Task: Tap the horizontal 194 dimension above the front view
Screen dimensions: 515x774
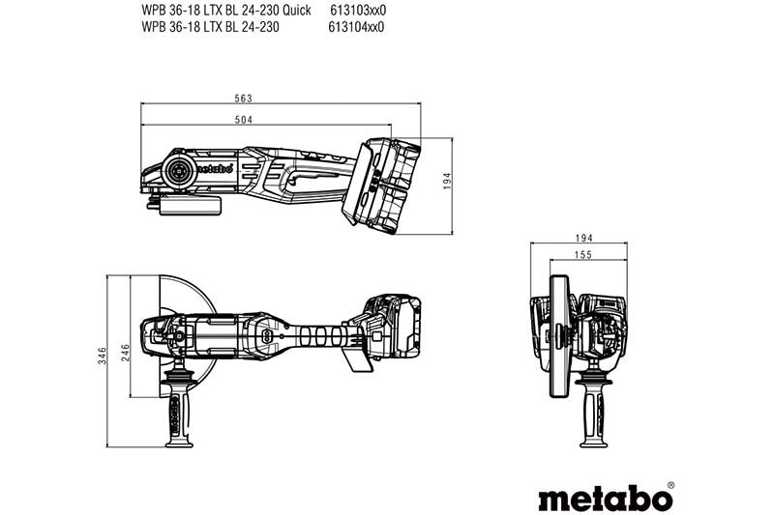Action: [583, 237]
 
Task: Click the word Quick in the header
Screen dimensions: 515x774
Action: [295, 10]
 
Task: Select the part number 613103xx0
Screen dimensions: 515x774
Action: [357, 10]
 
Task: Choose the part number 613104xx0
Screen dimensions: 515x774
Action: [357, 27]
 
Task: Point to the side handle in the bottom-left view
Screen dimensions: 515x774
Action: [178, 406]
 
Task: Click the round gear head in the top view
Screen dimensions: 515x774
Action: [178, 170]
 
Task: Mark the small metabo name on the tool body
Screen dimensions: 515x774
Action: [216, 168]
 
